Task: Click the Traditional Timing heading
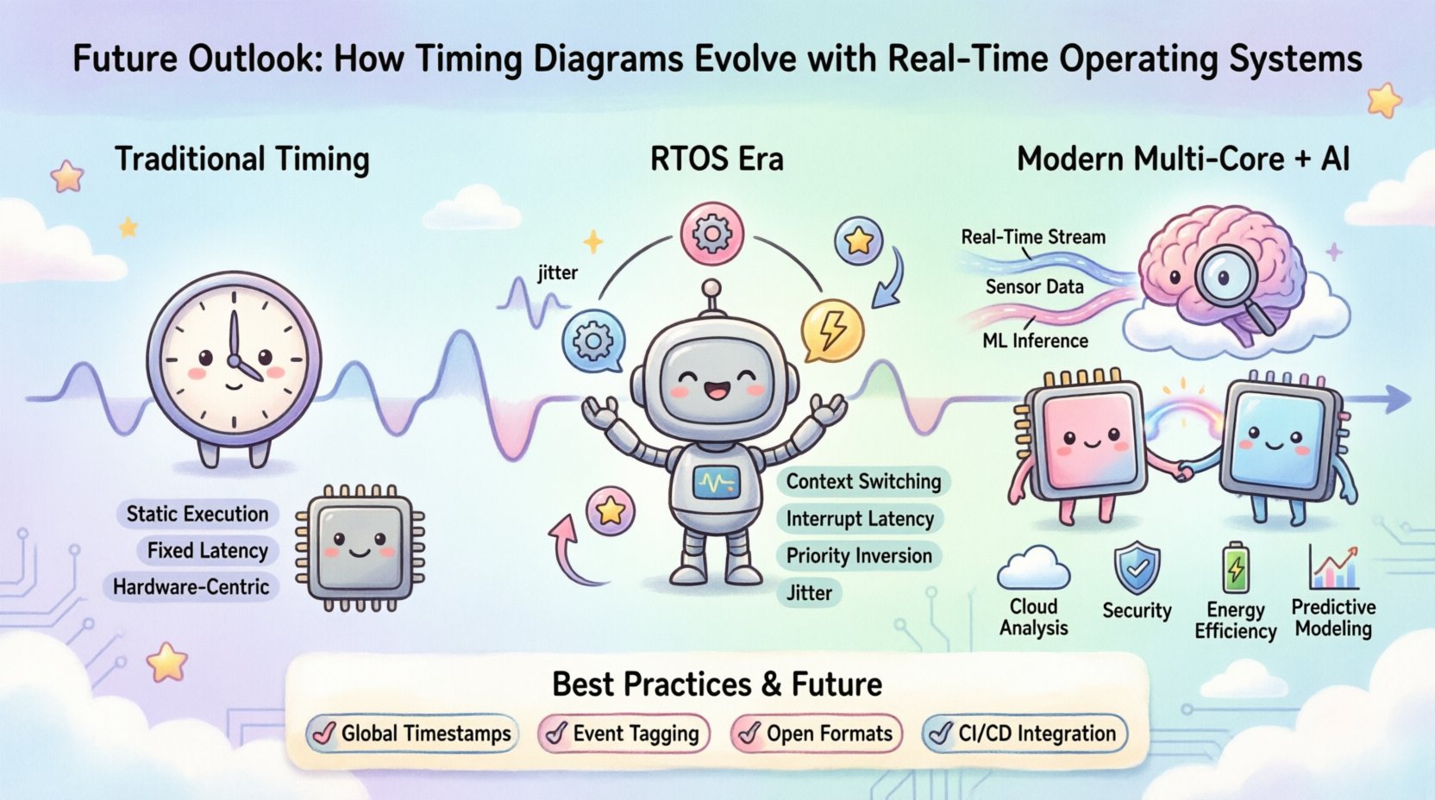[x=242, y=160]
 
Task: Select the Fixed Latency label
[x=207, y=550]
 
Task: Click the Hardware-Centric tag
[x=191, y=587]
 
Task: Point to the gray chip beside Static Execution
[x=360, y=547]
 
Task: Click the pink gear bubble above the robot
[x=711, y=233]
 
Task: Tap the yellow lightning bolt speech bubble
[x=831, y=331]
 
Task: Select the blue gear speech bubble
[x=592, y=342]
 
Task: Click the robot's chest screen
[x=717, y=482]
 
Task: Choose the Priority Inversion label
[x=858, y=556]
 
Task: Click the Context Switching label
[x=862, y=482]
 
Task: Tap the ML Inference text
[x=1035, y=341]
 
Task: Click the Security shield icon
[x=1137, y=566]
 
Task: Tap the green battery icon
[x=1236, y=567]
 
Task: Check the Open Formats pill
[x=816, y=734]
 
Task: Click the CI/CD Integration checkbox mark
[x=939, y=734]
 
